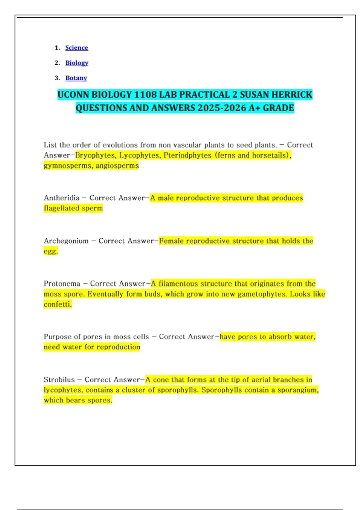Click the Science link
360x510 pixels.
[x=76, y=48]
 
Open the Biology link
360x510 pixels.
[x=77, y=63]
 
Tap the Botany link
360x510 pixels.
[x=76, y=78]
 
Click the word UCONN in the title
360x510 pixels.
[x=73, y=95]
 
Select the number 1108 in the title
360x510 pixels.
[x=145, y=95]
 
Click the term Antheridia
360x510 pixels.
[x=61, y=198]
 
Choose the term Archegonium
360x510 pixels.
[x=66, y=241]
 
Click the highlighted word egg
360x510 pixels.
[x=50, y=251]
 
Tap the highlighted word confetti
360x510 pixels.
[x=57, y=304]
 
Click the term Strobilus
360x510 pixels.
[x=59, y=380]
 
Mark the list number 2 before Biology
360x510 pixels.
[x=57, y=63]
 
